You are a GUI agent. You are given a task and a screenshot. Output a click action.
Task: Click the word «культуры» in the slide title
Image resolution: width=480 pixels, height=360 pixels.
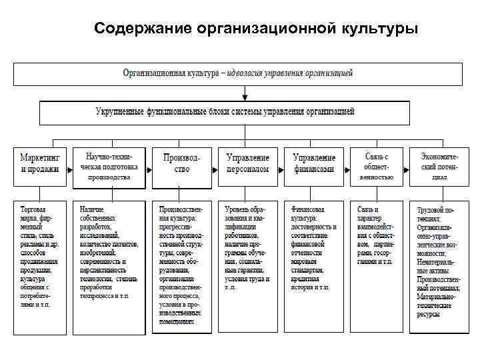[379, 29]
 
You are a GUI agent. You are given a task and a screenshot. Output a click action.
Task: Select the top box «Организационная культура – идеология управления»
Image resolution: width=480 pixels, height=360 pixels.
[238, 73]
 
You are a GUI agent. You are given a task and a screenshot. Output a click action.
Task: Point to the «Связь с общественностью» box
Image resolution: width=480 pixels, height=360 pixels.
[377, 166]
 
